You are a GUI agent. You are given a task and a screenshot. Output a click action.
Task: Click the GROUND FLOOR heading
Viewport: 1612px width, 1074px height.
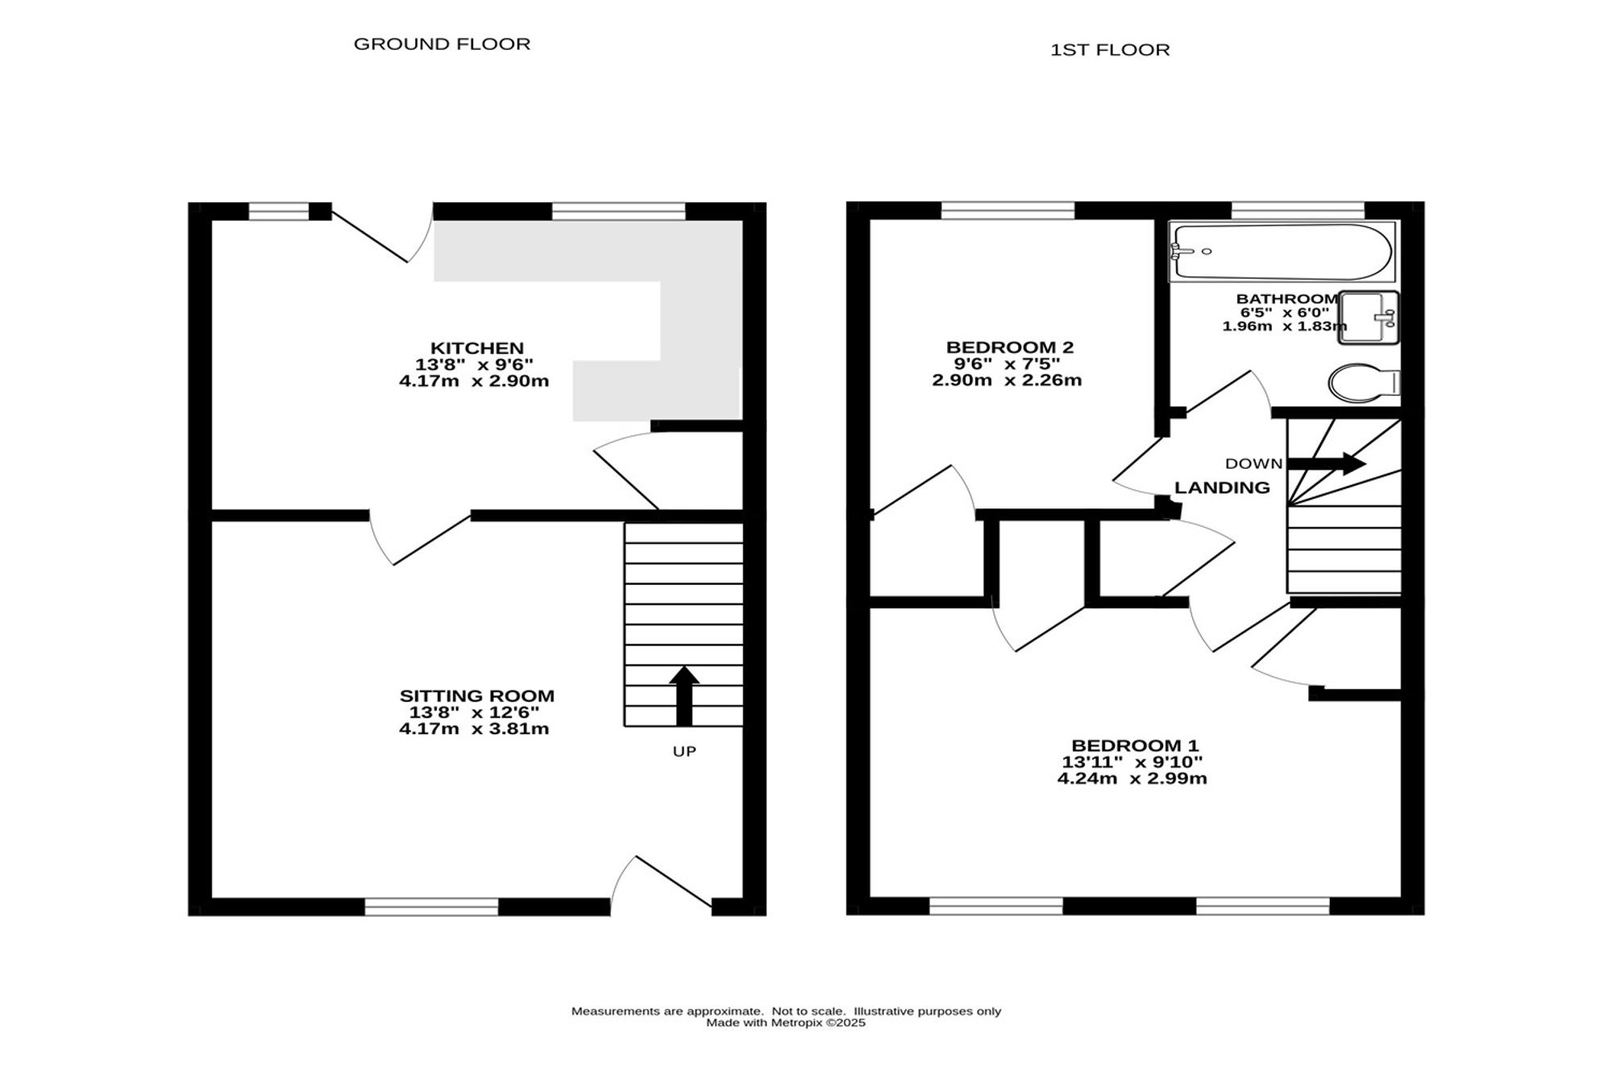442,44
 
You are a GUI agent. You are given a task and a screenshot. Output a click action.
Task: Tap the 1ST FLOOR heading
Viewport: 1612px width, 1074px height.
1110,50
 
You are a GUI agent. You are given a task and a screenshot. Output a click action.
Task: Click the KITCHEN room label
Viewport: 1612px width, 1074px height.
477,348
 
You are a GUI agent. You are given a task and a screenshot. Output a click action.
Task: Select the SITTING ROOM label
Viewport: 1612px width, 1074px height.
477,695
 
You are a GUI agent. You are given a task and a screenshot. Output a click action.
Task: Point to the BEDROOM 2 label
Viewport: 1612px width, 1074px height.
1010,347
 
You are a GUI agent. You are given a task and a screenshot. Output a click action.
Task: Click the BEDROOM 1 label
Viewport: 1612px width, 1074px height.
1135,745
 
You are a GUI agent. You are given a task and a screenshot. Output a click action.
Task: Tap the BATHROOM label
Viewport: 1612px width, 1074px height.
1287,299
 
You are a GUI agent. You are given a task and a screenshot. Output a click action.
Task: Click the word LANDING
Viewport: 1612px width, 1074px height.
1222,487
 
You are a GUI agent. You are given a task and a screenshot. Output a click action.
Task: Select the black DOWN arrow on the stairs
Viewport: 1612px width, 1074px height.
1327,463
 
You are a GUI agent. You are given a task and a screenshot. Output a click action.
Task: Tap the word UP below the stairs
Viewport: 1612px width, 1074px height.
684,752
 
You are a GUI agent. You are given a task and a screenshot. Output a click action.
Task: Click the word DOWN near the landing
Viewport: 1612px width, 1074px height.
1253,463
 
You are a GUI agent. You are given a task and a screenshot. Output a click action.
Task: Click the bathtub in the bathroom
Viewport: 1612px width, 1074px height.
1282,251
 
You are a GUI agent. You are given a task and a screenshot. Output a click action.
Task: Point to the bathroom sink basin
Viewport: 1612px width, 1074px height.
1369,317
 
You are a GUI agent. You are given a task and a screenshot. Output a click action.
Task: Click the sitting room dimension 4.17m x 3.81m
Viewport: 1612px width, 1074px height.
474,729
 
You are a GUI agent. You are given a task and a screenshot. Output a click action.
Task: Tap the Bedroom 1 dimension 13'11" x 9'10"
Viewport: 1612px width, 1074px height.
1132,762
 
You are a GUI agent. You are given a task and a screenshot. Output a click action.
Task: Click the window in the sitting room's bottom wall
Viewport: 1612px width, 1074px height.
431,906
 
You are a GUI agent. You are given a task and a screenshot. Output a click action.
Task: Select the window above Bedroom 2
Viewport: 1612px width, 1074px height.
1008,210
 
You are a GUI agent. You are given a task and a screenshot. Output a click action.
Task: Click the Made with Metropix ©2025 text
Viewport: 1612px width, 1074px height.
786,1023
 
